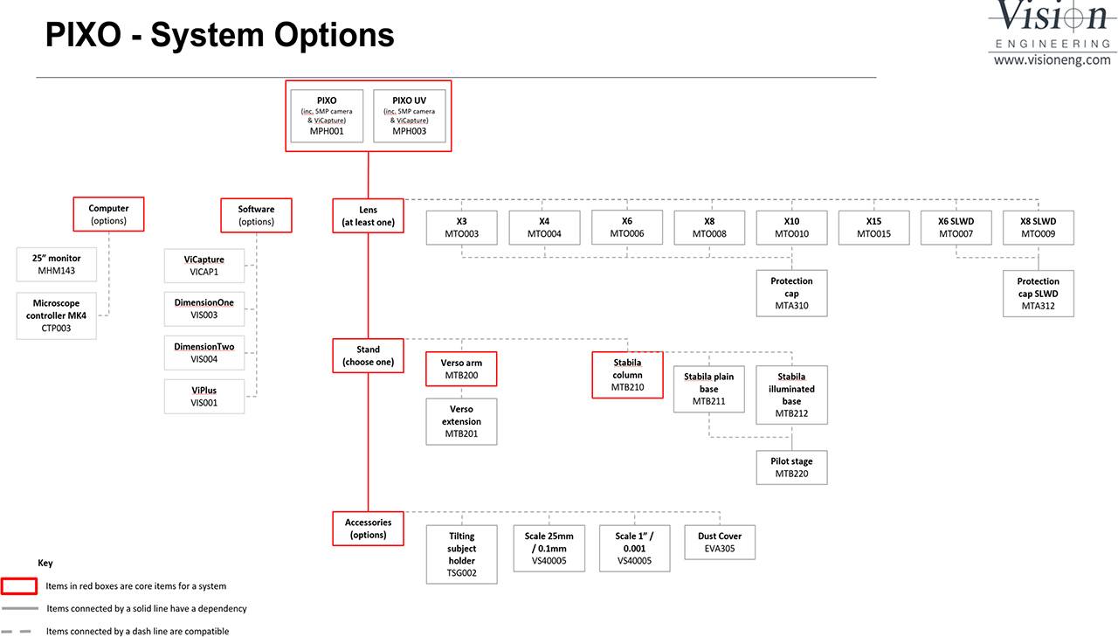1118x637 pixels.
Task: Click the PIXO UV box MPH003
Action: pos(410,116)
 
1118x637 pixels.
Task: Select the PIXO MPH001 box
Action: pos(327,116)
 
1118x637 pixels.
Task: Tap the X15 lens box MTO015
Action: pos(874,228)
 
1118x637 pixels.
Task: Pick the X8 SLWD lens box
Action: pos(1039,228)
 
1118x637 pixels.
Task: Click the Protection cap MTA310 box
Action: pos(791,293)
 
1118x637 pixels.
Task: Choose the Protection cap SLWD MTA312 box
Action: pos(1039,294)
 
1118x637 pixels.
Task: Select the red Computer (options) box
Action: pos(109,214)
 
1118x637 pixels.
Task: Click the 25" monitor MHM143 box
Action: pos(57,264)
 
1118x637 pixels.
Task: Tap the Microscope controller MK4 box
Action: pos(57,315)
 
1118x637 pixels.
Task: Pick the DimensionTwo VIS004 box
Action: pos(204,352)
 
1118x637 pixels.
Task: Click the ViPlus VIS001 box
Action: pos(204,397)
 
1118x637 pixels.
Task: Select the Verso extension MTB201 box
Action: pos(461,421)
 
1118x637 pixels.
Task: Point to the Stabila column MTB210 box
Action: pos(627,375)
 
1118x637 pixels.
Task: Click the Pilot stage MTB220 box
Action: pos(791,467)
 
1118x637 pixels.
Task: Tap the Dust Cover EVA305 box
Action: pos(720,542)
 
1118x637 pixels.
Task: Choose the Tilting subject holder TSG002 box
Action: pos(462,554)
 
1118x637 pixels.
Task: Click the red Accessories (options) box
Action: pos(369,528)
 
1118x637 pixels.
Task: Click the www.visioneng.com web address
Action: pos(1052,60)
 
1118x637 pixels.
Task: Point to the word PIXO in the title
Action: pos(83,35)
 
